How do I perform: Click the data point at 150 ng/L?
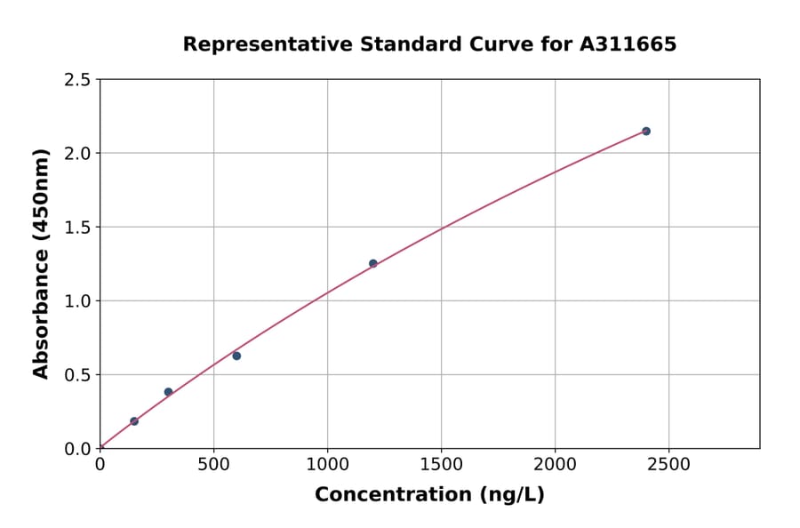134,421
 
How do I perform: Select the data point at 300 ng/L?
168,392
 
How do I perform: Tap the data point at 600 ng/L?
236,356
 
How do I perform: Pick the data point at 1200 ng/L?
373,263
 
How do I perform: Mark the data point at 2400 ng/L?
646,132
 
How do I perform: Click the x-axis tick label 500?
213,465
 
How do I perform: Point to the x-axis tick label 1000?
327,465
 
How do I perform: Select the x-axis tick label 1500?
441,465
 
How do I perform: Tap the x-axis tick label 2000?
555,465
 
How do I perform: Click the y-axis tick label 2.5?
78,80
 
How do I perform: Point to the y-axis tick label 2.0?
78,154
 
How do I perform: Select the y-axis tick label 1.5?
78,228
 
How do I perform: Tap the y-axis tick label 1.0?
78,301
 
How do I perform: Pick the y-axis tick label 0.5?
78,375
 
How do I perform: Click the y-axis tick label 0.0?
78,449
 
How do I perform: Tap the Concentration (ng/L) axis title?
429,494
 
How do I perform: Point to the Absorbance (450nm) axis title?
41,263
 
